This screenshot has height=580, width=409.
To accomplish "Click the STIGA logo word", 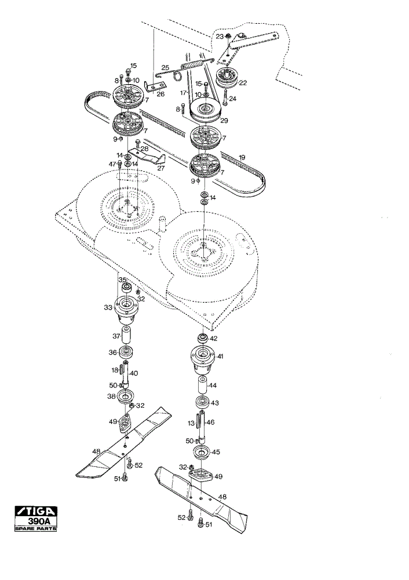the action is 36,511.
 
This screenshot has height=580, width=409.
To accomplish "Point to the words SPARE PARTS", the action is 36,528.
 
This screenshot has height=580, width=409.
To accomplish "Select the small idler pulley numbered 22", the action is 225,77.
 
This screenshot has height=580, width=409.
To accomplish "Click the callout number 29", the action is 224,121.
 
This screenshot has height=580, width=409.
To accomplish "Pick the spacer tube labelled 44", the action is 202,386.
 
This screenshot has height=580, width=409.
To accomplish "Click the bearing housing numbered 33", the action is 126,309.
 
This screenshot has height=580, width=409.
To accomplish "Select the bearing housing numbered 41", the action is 202,358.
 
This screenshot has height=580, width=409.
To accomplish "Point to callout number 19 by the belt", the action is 242,158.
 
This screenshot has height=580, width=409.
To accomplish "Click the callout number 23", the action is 220,37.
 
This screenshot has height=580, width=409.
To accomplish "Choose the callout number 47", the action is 112,164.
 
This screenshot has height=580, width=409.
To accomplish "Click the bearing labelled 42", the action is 202,338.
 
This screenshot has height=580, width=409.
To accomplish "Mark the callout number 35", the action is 122,280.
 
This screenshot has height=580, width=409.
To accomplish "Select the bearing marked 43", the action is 202,402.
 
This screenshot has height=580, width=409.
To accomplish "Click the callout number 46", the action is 210,422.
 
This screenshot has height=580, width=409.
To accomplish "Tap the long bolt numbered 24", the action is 225,97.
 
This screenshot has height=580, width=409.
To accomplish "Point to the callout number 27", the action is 160,168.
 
